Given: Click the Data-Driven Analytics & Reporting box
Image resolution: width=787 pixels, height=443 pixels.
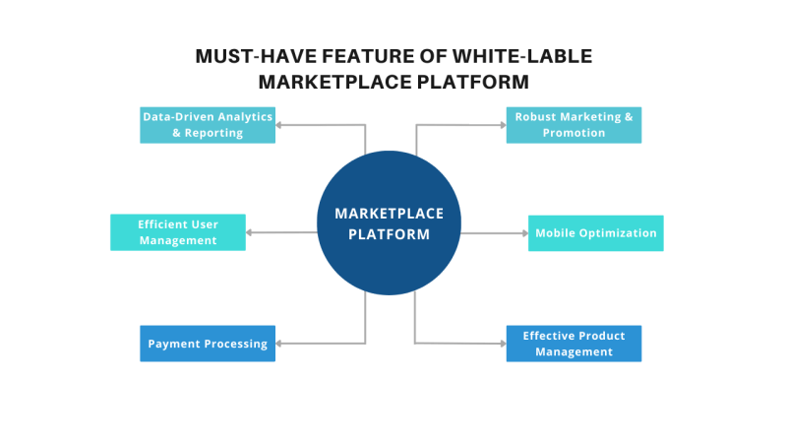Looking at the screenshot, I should [208, 125].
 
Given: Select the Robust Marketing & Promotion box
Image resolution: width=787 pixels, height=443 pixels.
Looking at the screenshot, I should [574, 125].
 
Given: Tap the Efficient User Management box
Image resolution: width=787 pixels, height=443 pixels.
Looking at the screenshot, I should [178, 232].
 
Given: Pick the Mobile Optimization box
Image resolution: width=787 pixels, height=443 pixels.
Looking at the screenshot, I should [595, 233].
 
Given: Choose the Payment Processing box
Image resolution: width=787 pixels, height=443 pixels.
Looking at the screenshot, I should [208, 344].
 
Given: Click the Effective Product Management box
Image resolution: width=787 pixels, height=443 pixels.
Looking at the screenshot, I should [574, 344].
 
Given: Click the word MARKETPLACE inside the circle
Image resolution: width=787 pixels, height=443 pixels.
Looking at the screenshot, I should [390, 214].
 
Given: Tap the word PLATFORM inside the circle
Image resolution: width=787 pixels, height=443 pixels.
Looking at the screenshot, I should [390, 234].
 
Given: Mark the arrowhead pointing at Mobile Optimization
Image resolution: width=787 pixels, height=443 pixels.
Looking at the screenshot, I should [524, 233].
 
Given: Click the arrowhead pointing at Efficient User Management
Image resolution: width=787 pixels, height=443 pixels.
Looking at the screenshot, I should [250, 232].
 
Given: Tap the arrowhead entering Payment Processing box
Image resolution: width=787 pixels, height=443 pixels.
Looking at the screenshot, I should [279, 344].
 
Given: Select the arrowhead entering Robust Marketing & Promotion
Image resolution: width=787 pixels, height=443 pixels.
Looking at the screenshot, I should [502, 125].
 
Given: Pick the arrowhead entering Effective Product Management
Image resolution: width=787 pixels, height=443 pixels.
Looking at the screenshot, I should [502, 344].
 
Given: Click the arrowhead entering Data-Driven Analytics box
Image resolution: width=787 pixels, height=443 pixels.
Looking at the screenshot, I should [279, 125].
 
